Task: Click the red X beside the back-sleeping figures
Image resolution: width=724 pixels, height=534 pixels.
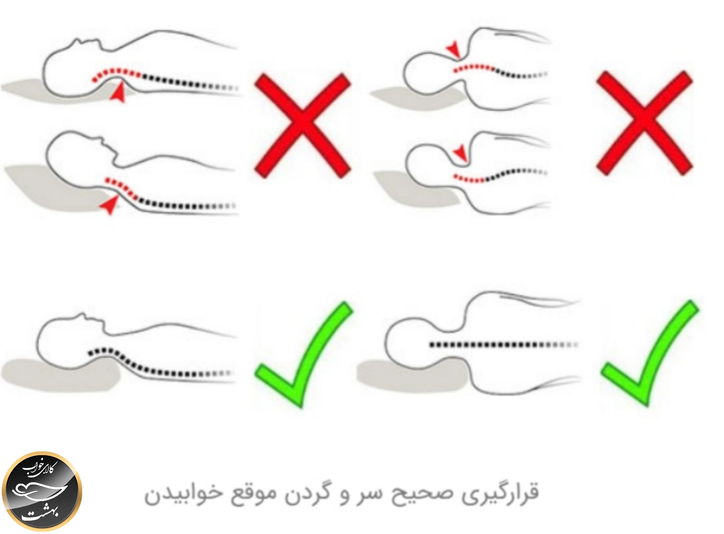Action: point(302,126)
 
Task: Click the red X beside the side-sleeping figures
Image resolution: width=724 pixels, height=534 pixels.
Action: point(644,123)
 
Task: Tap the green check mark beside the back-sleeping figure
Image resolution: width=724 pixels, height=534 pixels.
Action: point(304,355)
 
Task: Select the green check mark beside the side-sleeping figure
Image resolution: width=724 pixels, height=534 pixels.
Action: point(650,353)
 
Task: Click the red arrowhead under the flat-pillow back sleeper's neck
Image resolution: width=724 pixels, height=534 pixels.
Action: point(118,92)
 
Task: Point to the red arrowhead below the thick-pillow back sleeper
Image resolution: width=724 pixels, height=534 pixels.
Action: point(108,205)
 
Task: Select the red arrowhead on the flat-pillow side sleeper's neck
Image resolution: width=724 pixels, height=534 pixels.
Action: point(453,50)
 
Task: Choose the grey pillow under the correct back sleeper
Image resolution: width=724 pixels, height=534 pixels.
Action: point(61,375)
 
